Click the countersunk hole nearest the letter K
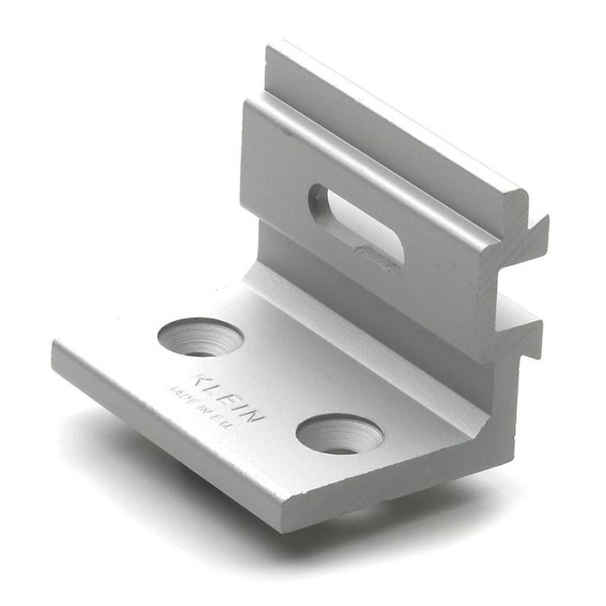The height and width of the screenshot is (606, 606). tap(200, 337)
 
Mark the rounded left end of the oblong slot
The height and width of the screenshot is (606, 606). tap(319, 200)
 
